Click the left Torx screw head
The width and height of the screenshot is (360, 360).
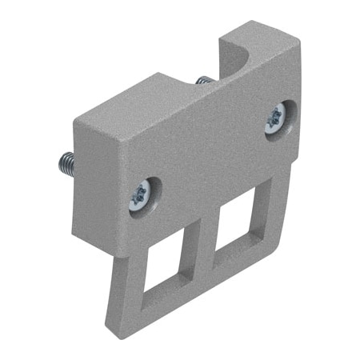point(142,194)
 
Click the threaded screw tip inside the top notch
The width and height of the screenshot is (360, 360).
point(204,81)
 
